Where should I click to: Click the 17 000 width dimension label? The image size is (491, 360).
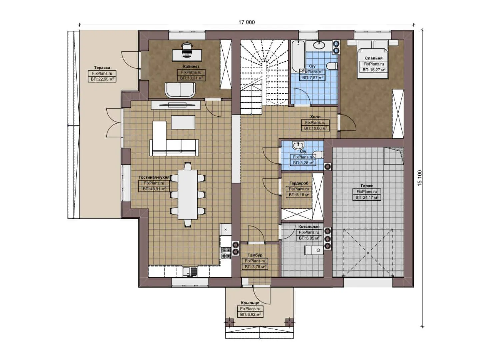tap(246, 22)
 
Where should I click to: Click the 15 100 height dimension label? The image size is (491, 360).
tap(420, 178)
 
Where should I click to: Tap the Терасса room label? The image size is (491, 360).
tap(102, 68)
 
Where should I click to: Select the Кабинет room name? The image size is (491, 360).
tap(191, 67)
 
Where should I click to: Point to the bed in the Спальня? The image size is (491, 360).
tap(373, 60)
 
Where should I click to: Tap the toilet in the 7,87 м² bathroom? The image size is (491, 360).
tap(331, 66)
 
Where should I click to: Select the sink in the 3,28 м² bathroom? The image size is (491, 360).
tap(297, 146)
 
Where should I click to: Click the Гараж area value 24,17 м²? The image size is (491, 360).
tap(367, 197)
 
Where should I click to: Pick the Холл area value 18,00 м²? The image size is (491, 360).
tap(315, 128)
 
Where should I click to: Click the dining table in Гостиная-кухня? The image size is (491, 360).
tap(187, 194)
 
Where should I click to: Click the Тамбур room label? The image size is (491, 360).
tap(255, 255)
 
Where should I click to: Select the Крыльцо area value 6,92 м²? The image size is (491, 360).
tap(250, 314)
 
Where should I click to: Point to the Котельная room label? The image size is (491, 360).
tap(309, 227)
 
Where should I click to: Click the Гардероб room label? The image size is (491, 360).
tap(299, 183)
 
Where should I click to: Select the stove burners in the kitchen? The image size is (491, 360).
tap(226, 253)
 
